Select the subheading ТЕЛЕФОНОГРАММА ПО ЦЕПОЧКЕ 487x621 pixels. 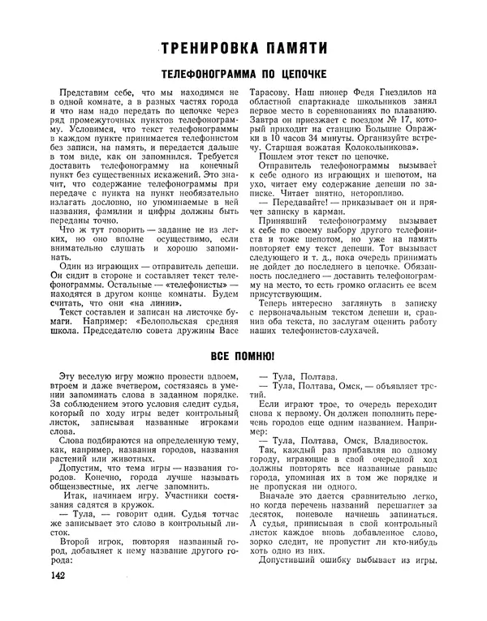pyautogui.click(x=245, y=74)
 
